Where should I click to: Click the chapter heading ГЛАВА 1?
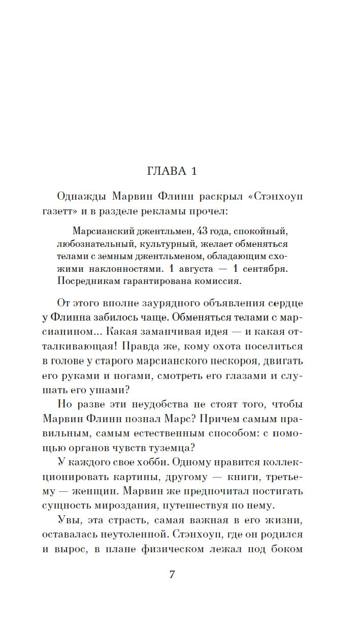[x=172, y=171]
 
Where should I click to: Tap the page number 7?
[x=172, y=575]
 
